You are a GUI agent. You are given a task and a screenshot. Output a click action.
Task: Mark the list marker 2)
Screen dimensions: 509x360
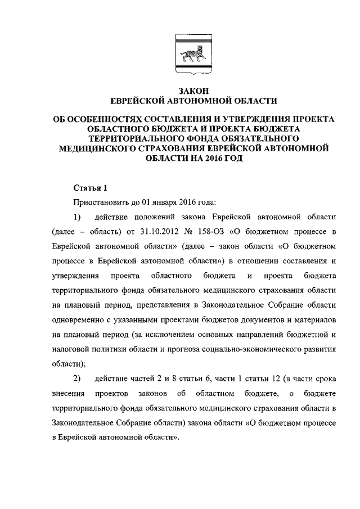(77, 377)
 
